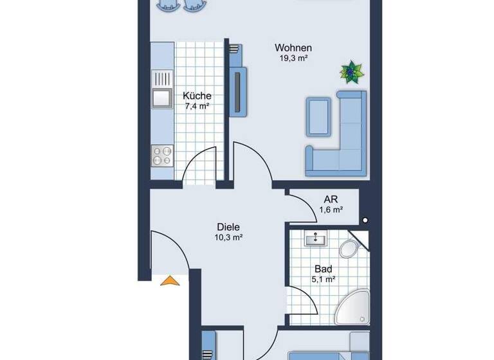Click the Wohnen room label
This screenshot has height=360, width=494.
(293, 48)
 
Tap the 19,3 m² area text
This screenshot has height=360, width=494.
(293, 59)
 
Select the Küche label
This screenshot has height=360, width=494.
(197, 96)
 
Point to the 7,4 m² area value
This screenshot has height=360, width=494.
(197, 106)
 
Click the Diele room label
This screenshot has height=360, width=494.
(228, 227)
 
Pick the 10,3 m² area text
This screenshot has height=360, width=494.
(228, 237)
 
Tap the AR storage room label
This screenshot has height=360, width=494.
(331, 199)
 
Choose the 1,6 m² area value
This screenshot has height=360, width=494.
(331, 210)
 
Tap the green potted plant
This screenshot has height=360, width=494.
(351, 72)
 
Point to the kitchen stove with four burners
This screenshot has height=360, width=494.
(162, 156)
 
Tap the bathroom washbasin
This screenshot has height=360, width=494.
(316, 239)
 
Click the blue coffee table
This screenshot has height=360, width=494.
(318, 116)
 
